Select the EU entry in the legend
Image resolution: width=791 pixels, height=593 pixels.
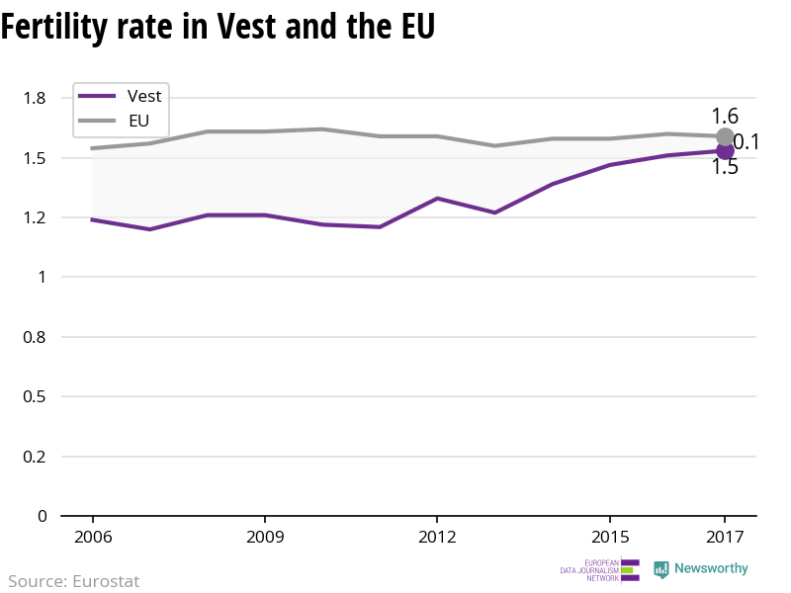[x=138, y=122]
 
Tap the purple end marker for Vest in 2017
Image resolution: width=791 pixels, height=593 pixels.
[x=725, y=151]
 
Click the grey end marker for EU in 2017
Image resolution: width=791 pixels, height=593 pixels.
[x=725, y=136]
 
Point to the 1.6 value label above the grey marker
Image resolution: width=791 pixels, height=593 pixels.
[x=725, y=116]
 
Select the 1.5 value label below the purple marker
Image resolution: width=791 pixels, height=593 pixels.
[x=725, y=167]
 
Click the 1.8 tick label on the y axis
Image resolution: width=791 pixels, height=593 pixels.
[x=36, y=98]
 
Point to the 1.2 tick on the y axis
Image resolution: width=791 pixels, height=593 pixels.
[x=36, y=217]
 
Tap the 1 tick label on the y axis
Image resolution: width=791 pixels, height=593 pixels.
[x=42, y=278]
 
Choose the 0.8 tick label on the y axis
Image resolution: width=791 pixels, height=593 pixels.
[x=36, y=337]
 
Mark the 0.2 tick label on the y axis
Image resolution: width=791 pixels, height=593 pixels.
[x=36, y=457]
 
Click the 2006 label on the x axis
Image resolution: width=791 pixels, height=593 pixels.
[x=92, y=538]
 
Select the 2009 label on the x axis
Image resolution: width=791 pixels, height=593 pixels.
[x=265, y=538]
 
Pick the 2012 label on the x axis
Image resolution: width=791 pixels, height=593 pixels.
[x=437, y=538]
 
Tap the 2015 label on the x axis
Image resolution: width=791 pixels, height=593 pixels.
[x=609, y=538]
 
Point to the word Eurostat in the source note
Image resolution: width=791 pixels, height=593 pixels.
[x=106, y=581]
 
